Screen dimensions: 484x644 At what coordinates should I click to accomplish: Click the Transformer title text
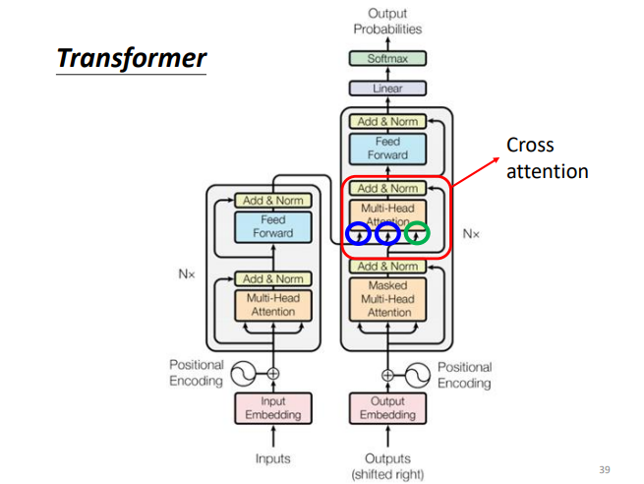click(x=132, y=58)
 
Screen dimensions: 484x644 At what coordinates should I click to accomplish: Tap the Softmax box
click(x=387, y=59)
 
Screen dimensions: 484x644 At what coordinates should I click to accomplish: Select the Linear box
click(x=387, y=89)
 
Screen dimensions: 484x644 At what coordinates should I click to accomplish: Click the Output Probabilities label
click(x=387, y=21)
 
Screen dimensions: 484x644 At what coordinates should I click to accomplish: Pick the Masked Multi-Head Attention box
click(x=388, y=298)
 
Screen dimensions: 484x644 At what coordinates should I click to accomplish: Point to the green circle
click(x=418, y=234)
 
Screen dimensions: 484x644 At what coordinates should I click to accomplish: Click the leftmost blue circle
click(x=359, y=234)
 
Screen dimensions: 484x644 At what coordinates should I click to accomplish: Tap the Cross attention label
click(x=547, y=158)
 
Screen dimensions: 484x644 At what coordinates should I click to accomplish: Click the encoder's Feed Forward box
click(x=272, y=227)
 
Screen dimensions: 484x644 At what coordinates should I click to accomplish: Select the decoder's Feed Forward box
click(x=387, y=149)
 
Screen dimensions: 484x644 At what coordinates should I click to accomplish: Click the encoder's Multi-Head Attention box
click(x=272, y=305)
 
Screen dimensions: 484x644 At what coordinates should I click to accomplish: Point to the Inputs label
click(x=272, y=458)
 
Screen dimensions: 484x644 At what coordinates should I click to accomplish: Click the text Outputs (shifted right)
click(x=387, y=466)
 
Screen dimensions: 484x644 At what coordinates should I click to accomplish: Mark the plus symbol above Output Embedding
click(x=387, y=375)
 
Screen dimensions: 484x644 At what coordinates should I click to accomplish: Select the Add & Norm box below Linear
click(x=387, y=122)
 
